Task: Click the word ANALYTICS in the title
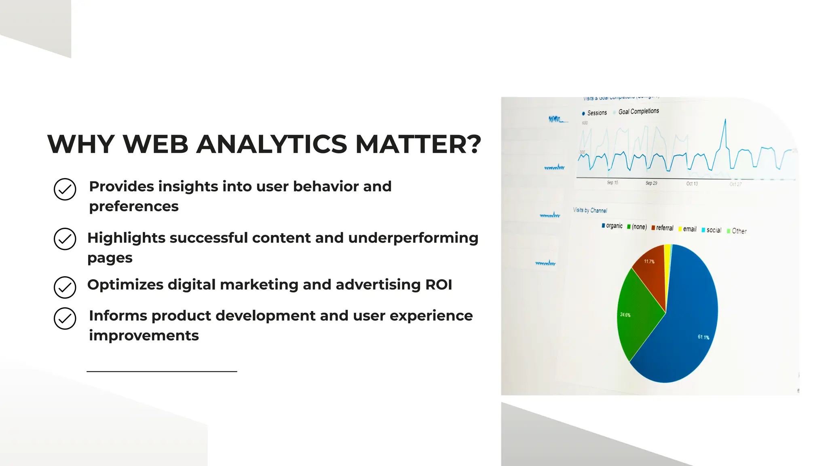pyautogui.click(x=272, y=144)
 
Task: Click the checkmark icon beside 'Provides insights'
pyautogui.click(x=65, y=189)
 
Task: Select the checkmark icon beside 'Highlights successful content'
pyautogui.click(x=65, y=239)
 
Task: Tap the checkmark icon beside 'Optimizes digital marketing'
pyautogui.click(x=65, y=288)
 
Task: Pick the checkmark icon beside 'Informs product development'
pyautogui.click(x=65, y=319)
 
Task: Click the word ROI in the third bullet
pyautogui.click(x=439, y=285)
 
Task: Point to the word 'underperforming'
pyautogui.click(x=413, y=238)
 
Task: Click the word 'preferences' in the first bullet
pyautogui.click(x=134, y=206)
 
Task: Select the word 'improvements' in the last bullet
pyautogui.click(x=144, y=335)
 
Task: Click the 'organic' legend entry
pyautogui.click(x=612, y=226)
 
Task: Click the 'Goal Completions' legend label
pyautogui.click(x=638, y=111)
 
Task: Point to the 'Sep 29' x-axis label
pyautogui.click(x=651, y=183)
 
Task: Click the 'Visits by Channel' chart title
pyautogui.click(x=590, y=210)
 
